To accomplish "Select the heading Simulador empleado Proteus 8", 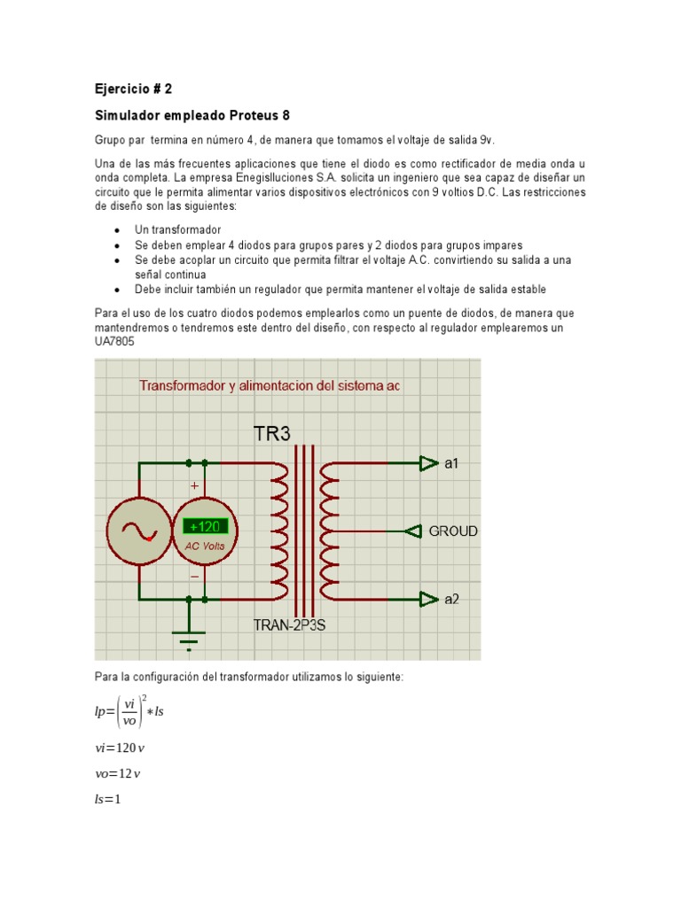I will [192, 116].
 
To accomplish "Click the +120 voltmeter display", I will [205, 526].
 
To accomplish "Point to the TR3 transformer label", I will [271, 434].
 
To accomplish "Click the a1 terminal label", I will [452, 463].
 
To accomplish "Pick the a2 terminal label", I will [452, 600].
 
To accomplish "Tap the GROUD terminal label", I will [453, 531].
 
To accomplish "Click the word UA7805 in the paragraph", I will [114, 341].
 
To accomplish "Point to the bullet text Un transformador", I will [177, 229].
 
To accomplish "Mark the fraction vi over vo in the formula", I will [129, 712].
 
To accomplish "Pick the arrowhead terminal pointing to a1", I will [429, 463].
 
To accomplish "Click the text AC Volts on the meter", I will [205, 546].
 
